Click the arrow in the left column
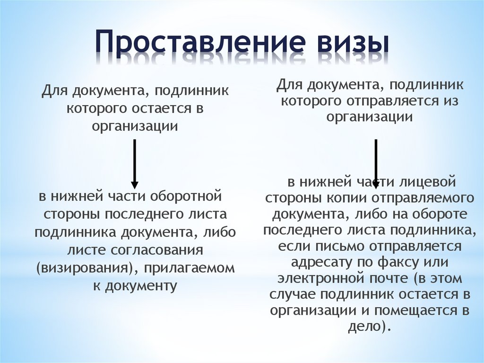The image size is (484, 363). point(134,164)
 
